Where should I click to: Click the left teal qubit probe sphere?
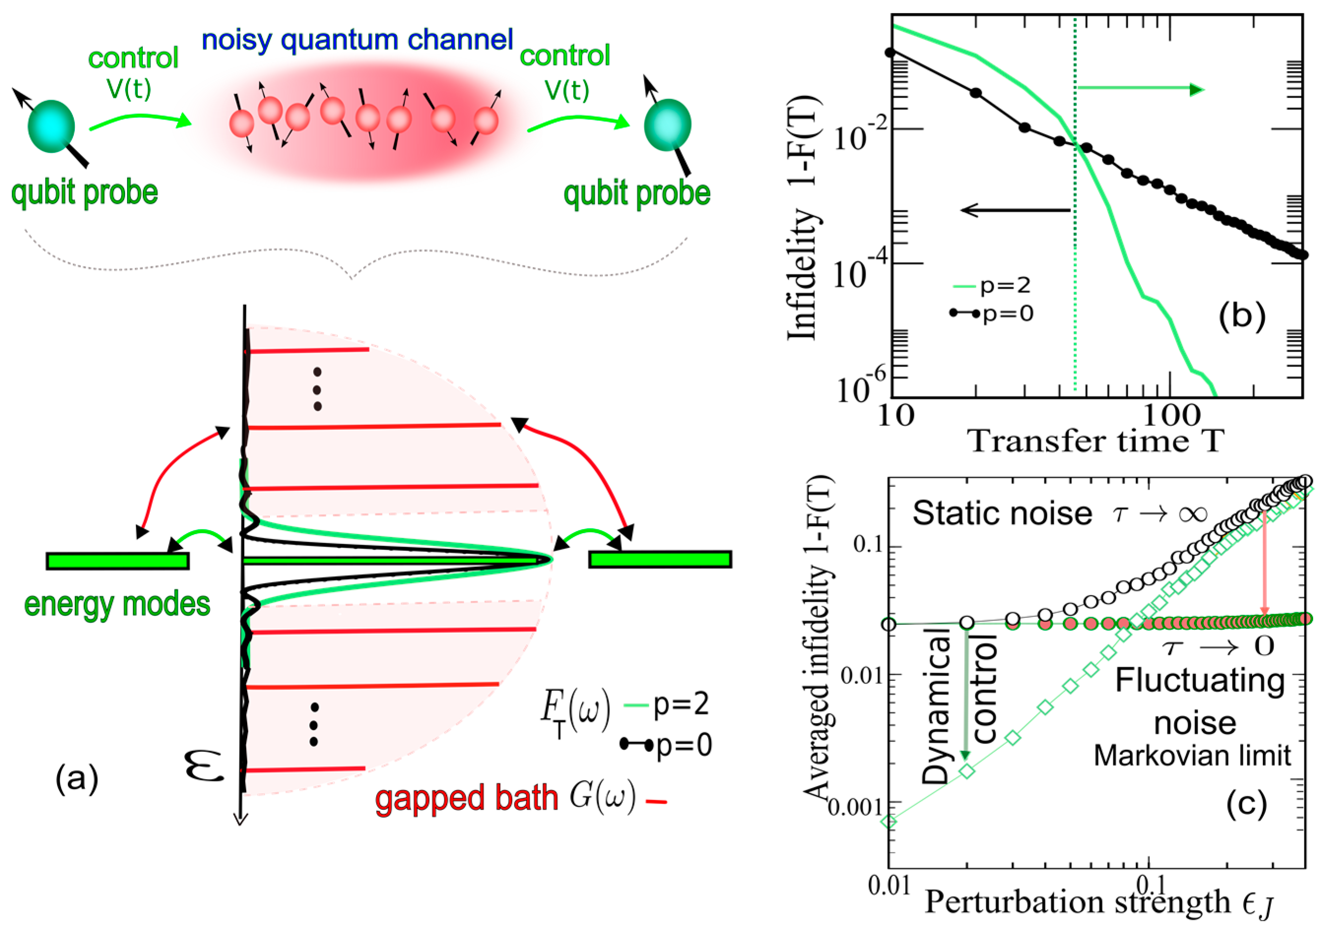[51, 126]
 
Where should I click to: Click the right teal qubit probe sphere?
[668, 125]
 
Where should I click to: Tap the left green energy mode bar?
[118, 561]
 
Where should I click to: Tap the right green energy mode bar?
[660, 559]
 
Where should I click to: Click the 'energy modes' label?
[117, 605]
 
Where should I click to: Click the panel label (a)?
[77, 779]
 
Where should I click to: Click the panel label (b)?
[1242, 316]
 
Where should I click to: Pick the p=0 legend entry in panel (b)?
[992, 314]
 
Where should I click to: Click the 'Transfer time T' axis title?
[1096, 442]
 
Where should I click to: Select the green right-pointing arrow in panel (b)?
[1139, 89]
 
